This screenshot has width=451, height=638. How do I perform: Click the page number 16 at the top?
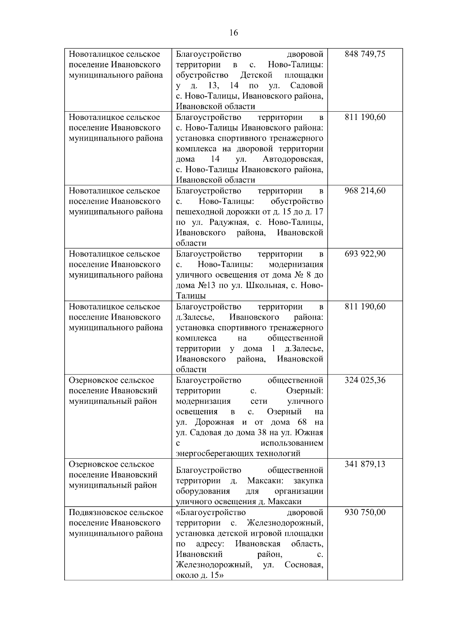(x=233, y=33)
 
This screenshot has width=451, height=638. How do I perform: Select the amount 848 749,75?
(x=365, y=54)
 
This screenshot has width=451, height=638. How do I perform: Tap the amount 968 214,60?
(x=365, y=191)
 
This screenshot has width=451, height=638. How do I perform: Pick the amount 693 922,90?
(x=365, y=254)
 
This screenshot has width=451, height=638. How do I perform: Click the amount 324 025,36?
(x=365, y=380)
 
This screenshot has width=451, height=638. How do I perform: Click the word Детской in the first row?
(x=256, y=75)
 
